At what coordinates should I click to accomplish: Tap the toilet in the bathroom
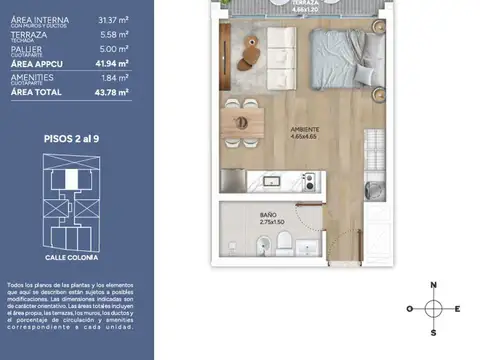284,242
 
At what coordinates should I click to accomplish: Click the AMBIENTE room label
305,129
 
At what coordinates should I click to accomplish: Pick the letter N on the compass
433,286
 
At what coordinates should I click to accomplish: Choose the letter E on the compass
457,308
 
